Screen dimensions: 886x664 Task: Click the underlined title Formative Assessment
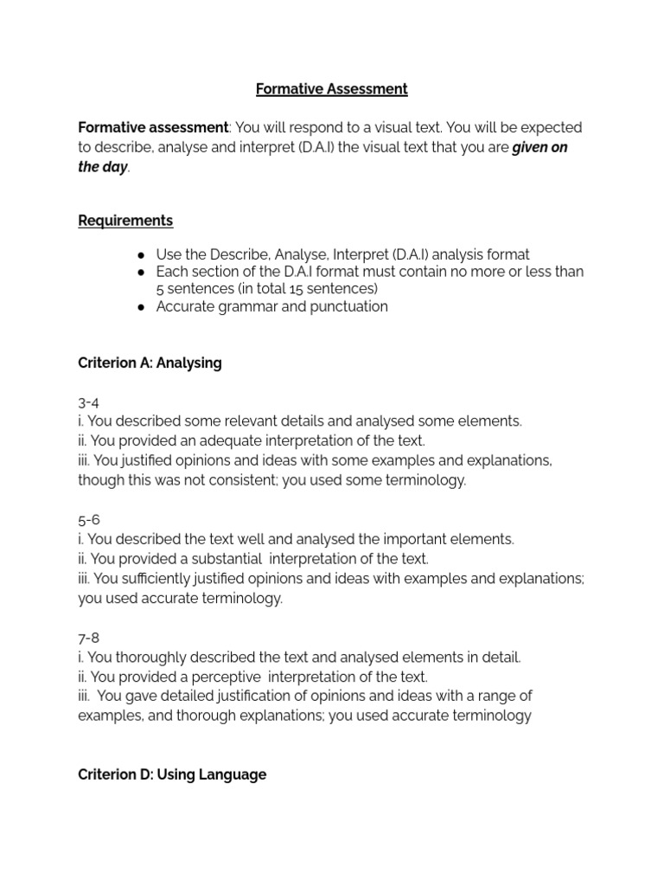pos(331,89)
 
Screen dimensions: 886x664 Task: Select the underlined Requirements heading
pos(125,221)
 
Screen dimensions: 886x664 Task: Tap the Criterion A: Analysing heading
pos(150,363)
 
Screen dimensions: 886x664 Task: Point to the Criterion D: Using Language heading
pos(172,775)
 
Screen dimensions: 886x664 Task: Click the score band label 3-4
pos(89,402)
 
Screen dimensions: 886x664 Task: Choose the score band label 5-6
pos(89,520)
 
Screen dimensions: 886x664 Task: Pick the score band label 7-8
pos(89,638)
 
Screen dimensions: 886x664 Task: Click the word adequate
pos(223,441)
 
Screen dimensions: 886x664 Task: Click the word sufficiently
pos(166,579)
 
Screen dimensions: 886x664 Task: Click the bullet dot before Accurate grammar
pos(140,307)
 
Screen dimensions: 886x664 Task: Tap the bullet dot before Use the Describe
pos(140,255)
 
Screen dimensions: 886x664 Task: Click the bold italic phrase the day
pos(102,167)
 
